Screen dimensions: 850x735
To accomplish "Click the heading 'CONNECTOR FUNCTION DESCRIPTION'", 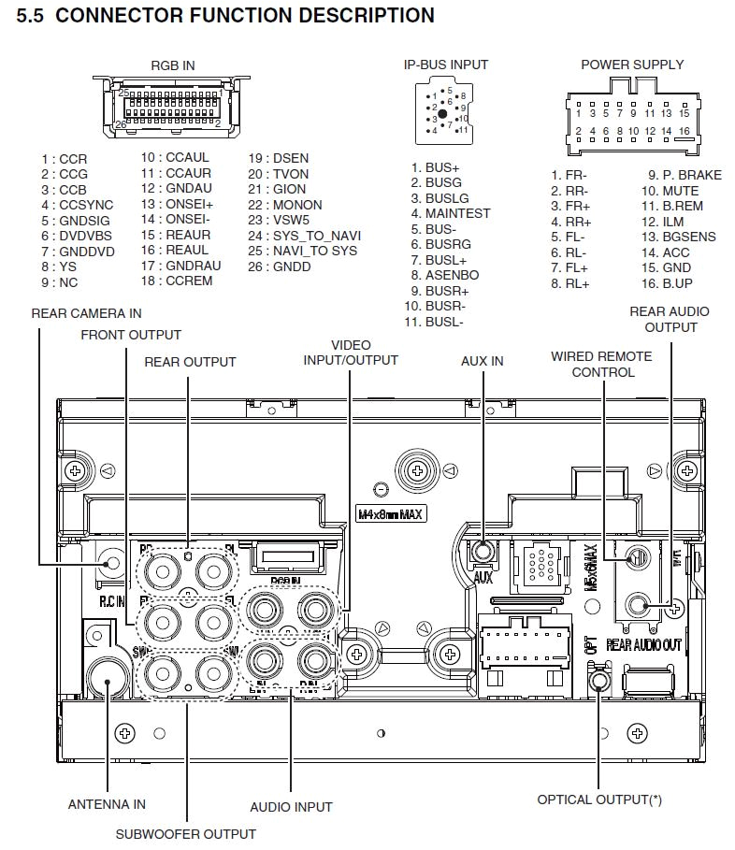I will (245, 16).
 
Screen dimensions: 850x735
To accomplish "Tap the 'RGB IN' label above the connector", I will (172, 65).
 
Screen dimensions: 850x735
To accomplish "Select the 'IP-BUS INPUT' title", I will (445, 65).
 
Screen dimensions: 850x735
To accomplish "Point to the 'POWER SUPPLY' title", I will (632, 65).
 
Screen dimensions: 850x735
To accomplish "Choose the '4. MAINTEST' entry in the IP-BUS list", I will (450, 213).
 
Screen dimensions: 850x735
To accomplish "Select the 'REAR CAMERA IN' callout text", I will (86, 313).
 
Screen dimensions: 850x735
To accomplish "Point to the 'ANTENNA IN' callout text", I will (107, 804).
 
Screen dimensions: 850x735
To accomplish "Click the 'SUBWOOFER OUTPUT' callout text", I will (185, 834).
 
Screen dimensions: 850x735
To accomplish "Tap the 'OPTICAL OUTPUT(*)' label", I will (599, 800).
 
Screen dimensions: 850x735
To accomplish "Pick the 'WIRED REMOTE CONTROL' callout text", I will (601, 364).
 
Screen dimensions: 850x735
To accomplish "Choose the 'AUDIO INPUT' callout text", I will (291, 807).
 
